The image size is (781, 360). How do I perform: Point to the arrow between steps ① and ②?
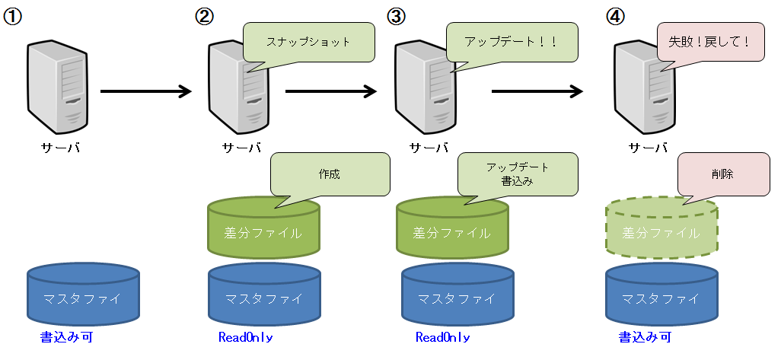146,92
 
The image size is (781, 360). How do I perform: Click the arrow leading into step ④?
537,92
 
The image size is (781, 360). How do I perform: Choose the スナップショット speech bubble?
309,43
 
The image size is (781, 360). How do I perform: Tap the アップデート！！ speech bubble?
512,43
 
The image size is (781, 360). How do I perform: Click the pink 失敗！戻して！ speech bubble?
709,43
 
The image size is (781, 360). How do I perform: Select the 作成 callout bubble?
330,174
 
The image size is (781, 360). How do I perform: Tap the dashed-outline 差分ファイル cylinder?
661,230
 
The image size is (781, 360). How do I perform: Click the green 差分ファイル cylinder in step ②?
263,230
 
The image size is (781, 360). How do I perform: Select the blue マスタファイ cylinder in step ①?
83,295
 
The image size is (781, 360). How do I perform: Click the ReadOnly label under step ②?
245,337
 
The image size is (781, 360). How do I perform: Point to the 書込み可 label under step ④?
644,336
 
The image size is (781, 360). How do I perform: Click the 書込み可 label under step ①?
66,336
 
